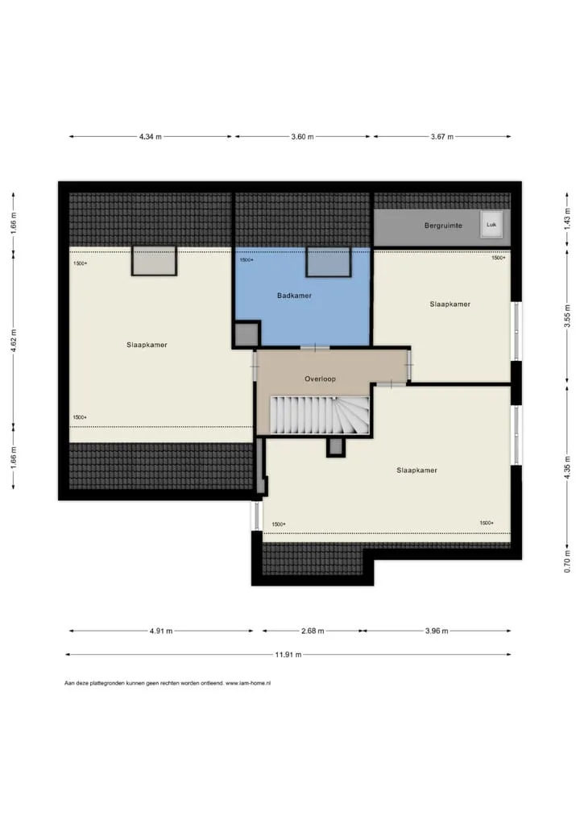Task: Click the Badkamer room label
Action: point(294,296)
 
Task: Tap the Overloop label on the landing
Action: point(320,379)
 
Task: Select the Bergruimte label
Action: point(443,226)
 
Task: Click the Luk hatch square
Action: point(491,225)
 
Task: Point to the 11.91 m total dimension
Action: point(288,654)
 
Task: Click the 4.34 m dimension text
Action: point(150,136)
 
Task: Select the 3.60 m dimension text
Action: point(302,136)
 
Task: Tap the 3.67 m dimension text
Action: point(442,136)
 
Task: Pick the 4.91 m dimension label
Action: point(161,631)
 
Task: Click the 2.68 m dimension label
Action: point(313,631)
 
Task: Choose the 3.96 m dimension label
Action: point(436,631)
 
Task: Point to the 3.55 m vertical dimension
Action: point(567,317)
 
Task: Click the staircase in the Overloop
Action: point(320,415)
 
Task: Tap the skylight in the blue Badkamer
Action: point(329,262)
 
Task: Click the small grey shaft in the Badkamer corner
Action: point(246,334)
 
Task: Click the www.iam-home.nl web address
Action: point(248,683)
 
